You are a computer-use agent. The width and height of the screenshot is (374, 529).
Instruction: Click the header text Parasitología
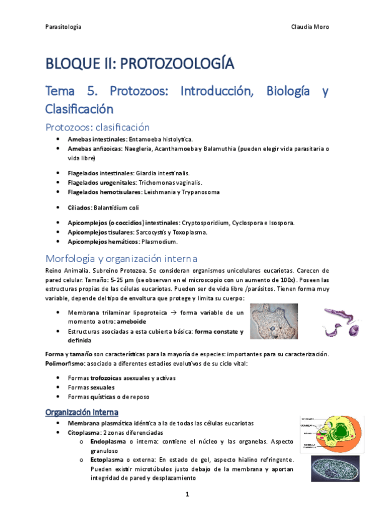(64, 27)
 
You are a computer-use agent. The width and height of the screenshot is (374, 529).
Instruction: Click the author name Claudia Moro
(310, 27)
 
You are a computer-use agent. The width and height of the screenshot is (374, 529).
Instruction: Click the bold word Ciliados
(79, 207)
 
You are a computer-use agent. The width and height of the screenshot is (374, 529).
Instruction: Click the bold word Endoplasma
(107, 442)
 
